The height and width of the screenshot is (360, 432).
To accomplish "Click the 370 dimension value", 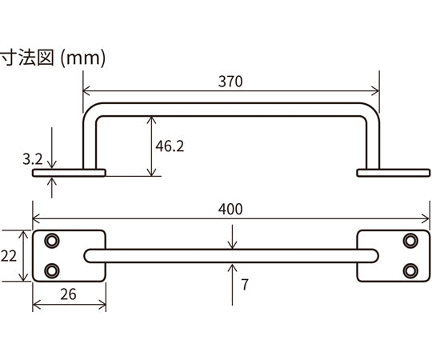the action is (230, 82).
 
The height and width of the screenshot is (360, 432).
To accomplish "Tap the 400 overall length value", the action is (230, 209).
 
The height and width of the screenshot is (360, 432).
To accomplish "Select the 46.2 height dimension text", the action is (170, 146).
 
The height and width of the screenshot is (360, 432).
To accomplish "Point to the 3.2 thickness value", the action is (33, 159).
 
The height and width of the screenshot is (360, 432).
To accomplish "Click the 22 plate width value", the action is (9, 256).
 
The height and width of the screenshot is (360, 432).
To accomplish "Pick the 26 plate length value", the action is (68, 294).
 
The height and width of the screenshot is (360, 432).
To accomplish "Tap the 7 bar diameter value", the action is (245, 285).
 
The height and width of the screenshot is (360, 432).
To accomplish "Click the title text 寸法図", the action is (27, 58).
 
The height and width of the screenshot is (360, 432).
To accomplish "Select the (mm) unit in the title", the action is (82, 58).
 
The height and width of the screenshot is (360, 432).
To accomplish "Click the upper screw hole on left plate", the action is (51, 241).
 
